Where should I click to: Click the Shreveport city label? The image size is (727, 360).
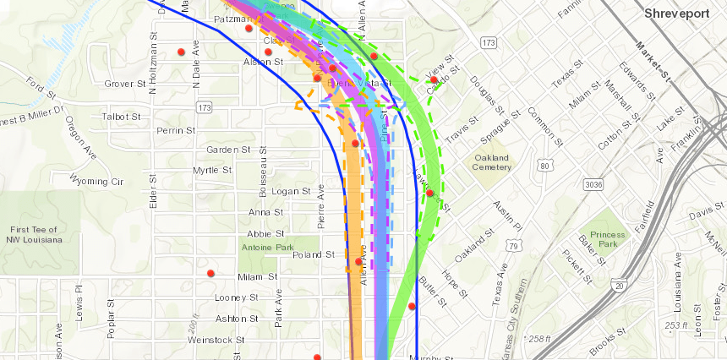click(679, 14)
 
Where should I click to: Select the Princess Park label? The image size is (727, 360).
click(608, 239)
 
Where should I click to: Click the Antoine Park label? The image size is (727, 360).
click(267, 247)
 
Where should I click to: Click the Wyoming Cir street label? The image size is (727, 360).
click(96, 181)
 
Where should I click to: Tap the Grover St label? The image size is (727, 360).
click(125, 84)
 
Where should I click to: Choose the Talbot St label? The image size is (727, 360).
click(121, 116)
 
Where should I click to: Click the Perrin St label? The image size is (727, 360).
click(176, 131)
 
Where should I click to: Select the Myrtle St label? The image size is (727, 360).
click(212, 170)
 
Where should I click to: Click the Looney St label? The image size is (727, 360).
click(237, 297)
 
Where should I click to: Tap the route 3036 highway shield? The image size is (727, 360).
click(592, 183)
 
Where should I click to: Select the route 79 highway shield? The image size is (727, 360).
click(513, 246)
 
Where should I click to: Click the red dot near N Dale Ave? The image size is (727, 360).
click(181, 52)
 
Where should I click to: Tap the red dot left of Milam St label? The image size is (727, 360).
click(211, 273)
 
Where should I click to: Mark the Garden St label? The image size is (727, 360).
click(228, 150)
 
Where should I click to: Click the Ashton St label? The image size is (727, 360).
click(237, 319)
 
